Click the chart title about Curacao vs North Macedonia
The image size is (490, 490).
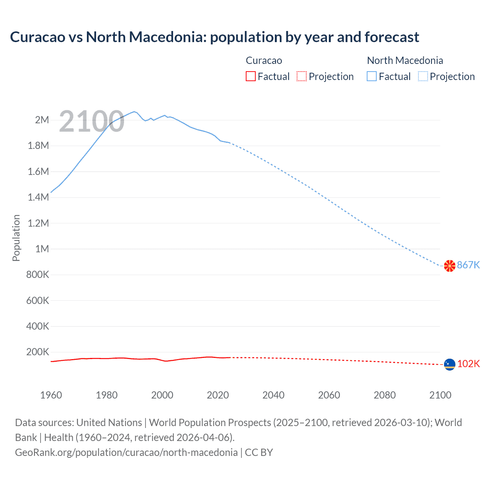pos(214,37)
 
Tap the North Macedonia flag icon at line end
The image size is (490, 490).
pos(449,266)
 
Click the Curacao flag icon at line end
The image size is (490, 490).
pos(449,364)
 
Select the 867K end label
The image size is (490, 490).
pos(468,265)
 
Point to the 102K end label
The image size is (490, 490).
pos(468,364)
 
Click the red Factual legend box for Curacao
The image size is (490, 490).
pos(250,77)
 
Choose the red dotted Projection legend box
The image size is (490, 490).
pos(302,77)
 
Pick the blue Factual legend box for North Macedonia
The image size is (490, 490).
pos(372,77)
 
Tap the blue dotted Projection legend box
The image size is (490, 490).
pos(423,77)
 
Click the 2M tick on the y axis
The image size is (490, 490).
pos(42,120)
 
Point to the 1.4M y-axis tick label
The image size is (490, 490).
pos(38,198)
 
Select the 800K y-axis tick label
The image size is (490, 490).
pos(38,275)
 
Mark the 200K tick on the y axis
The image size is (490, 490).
pos(38,352)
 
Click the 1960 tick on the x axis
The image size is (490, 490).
pos(51,395)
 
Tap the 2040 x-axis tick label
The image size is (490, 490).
pos(273,395)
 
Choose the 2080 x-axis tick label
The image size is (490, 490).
pos(385,395)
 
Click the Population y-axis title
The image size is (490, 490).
pos(16,238)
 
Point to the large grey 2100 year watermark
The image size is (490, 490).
pos(91,122)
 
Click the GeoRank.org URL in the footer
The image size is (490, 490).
pos(126,452)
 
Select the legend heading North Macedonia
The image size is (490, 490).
pos(405,60)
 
